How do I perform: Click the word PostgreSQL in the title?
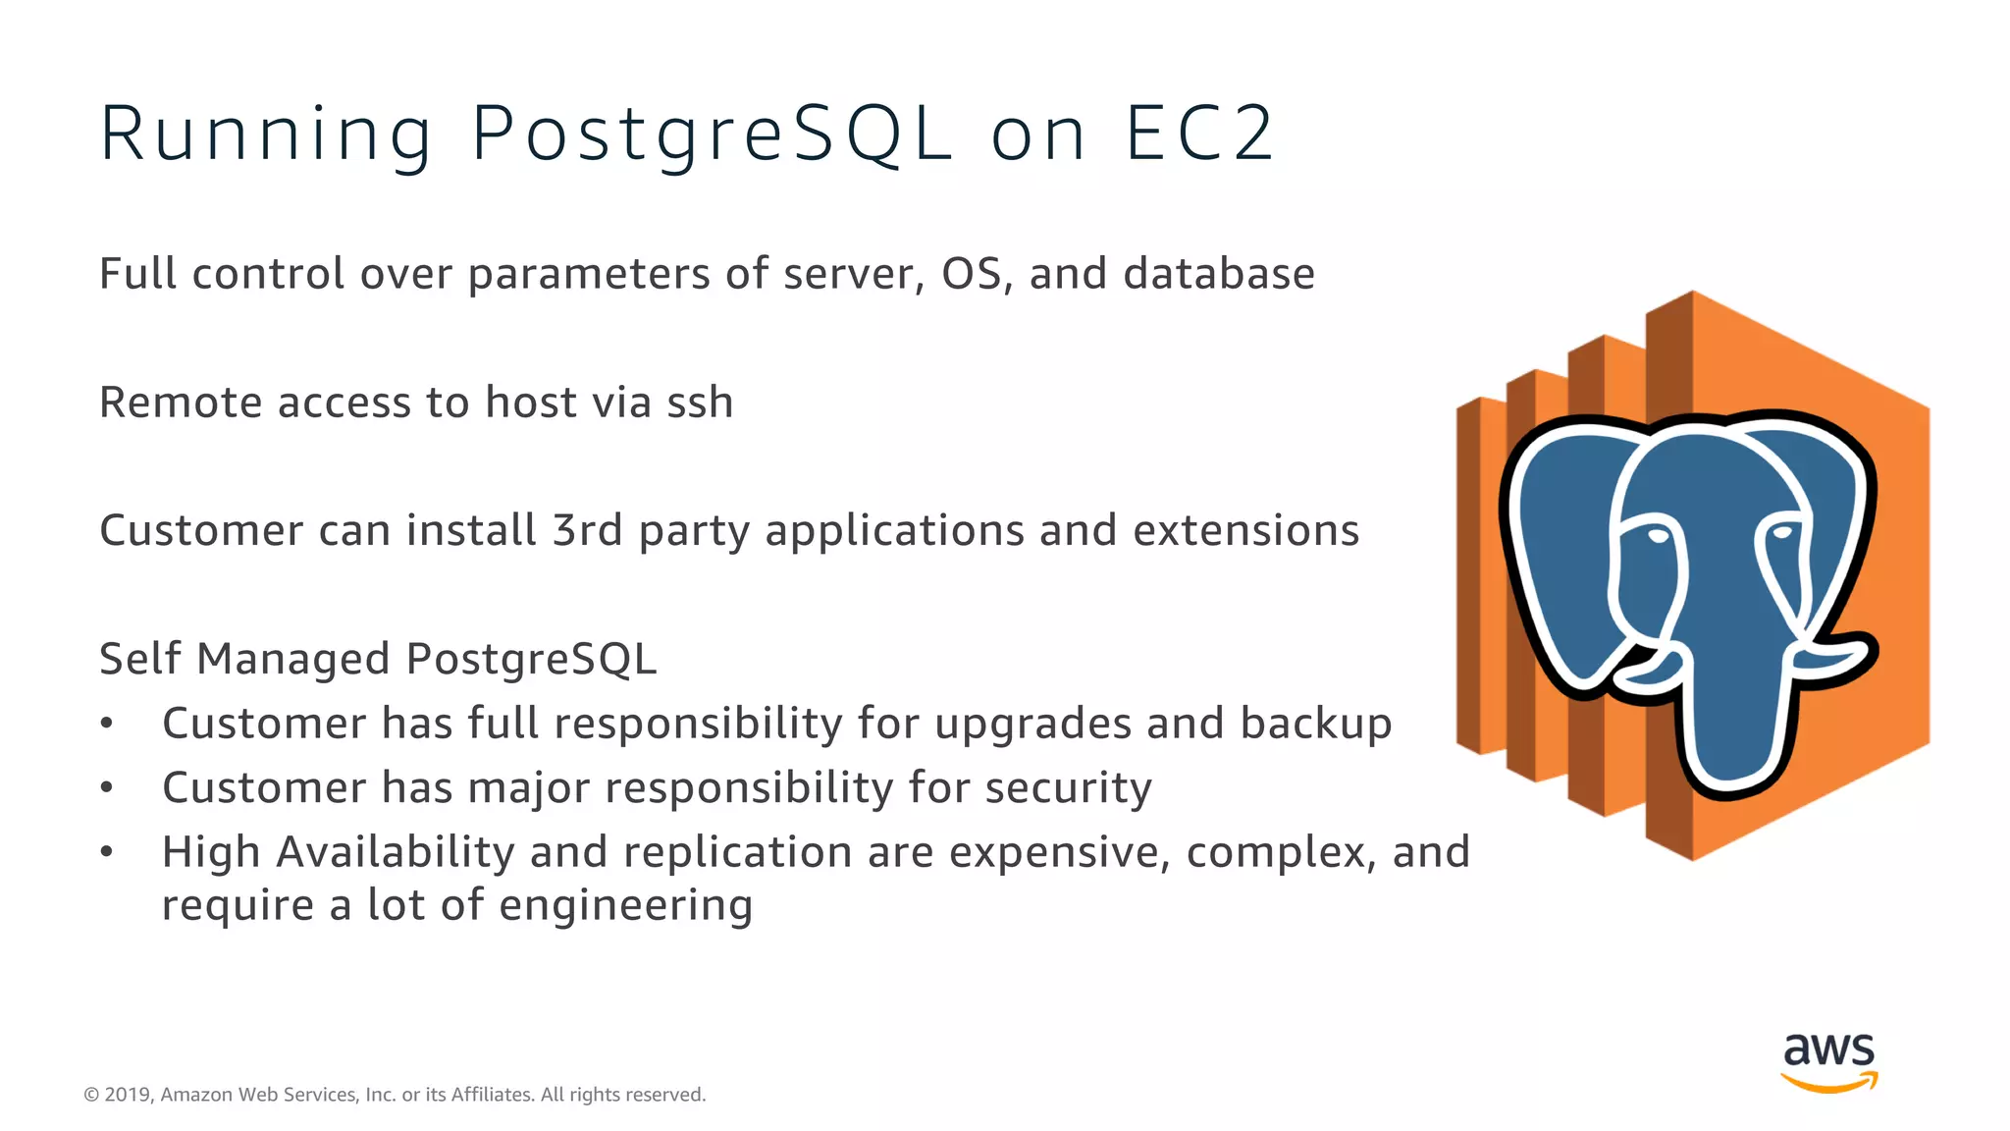pos(712,134)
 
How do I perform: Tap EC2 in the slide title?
pos(1199,134)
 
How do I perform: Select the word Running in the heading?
pos(265,134)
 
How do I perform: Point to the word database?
pos(1219,274)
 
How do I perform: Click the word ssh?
pos(700,403)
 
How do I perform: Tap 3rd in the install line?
pos(587,531)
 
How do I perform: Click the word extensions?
pos(1245,531)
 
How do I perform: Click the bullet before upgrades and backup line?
pos(107,725)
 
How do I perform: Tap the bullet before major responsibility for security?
pos(107,788)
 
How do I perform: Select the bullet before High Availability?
pos(107,852)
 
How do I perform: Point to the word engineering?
pos(625,905)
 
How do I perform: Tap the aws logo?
pos(1828,1060)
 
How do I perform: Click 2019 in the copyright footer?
pos(128,1095)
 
